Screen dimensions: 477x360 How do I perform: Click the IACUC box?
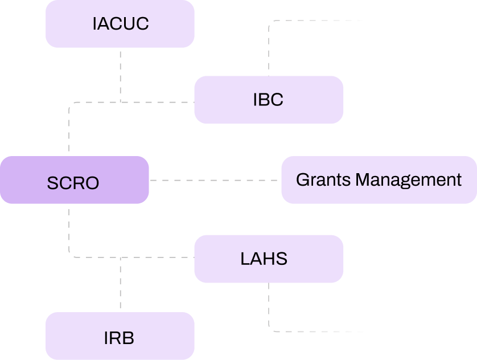(x=120, y=24)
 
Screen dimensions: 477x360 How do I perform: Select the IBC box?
(x=269, y=100)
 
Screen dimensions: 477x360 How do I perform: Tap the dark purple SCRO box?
(x=74, y=180)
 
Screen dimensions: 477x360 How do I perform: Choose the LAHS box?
(x=269, y=259)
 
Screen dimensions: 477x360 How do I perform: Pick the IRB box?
(x=120, y=336)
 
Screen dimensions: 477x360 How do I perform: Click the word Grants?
(x=323, y=179)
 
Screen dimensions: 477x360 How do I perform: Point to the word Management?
(x=409, y=179)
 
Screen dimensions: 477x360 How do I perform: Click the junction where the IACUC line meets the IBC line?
(x=121, y=103)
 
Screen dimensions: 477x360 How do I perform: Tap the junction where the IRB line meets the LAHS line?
(x=121, y=257)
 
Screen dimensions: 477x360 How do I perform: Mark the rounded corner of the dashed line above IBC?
(x=270, y=22)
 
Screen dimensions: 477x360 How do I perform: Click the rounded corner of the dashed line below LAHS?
(x=270, y=330)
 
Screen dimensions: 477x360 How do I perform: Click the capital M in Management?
(x=363, y=179)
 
